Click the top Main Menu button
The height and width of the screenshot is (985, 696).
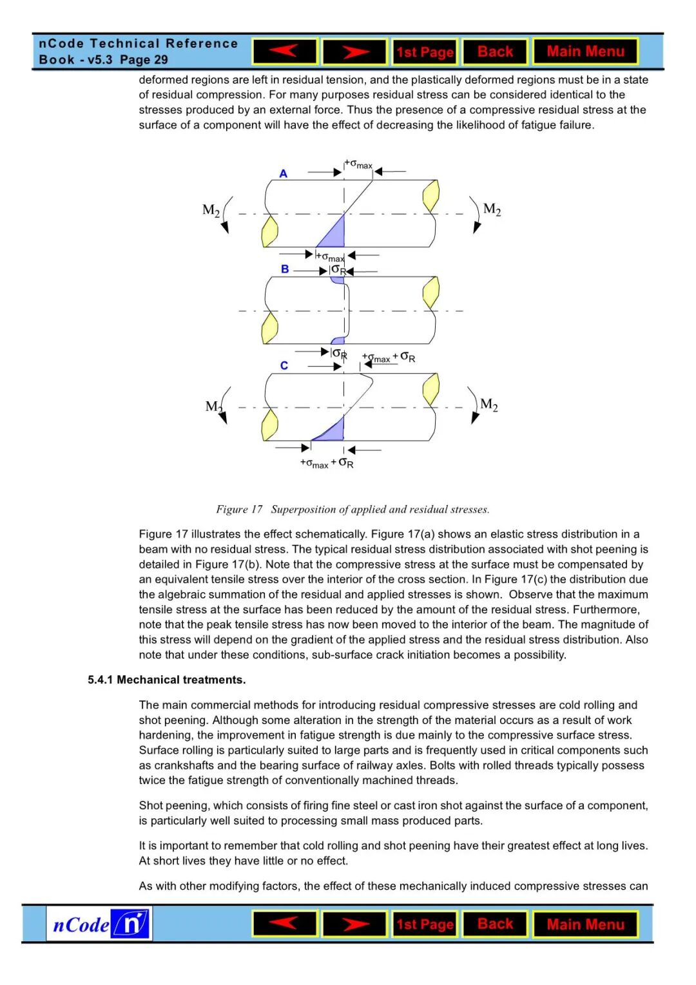(585, 52)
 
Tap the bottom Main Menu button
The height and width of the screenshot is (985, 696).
(585, 924)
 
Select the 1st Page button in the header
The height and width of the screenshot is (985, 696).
(425, 52)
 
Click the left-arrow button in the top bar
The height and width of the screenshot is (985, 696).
(284, 52)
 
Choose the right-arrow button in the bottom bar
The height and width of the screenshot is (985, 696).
(354, 924)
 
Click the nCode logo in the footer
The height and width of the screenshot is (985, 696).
(99, 924)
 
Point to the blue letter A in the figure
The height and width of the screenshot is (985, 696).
(284, 174)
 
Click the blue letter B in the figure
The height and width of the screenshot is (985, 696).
(285, 269)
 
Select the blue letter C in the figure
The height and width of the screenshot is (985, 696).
(284, 366)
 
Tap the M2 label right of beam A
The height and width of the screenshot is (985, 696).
(492, 209)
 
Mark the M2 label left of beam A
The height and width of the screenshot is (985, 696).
(211, 210)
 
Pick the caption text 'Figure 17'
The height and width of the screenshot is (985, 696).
(239, 510)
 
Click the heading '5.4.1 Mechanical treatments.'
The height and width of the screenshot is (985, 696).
(167, 680)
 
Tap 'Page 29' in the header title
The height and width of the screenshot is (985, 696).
(144, 60)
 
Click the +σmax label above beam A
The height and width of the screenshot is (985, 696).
(359, 164)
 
